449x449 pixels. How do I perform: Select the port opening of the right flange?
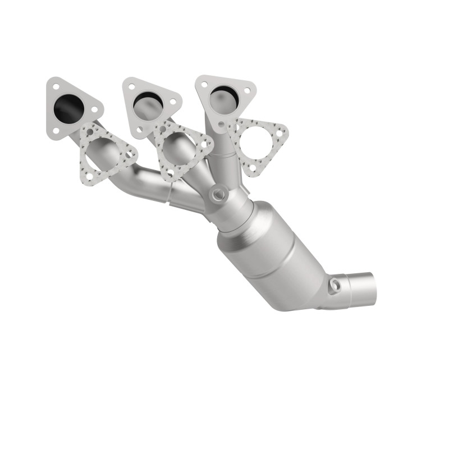[223, 98]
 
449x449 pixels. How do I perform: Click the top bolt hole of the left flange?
[56, 87]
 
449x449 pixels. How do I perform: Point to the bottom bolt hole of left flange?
[56, 131]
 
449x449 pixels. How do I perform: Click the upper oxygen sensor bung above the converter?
[217, 195]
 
